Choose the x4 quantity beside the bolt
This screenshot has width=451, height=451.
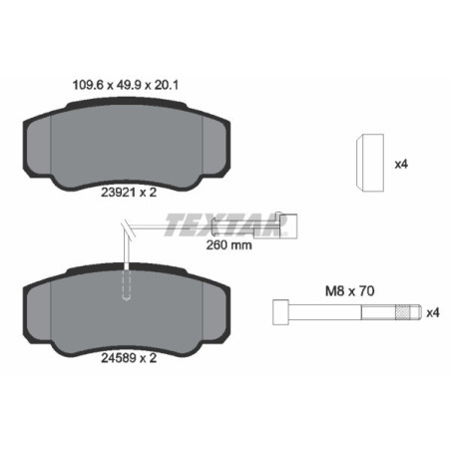(431, 313)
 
